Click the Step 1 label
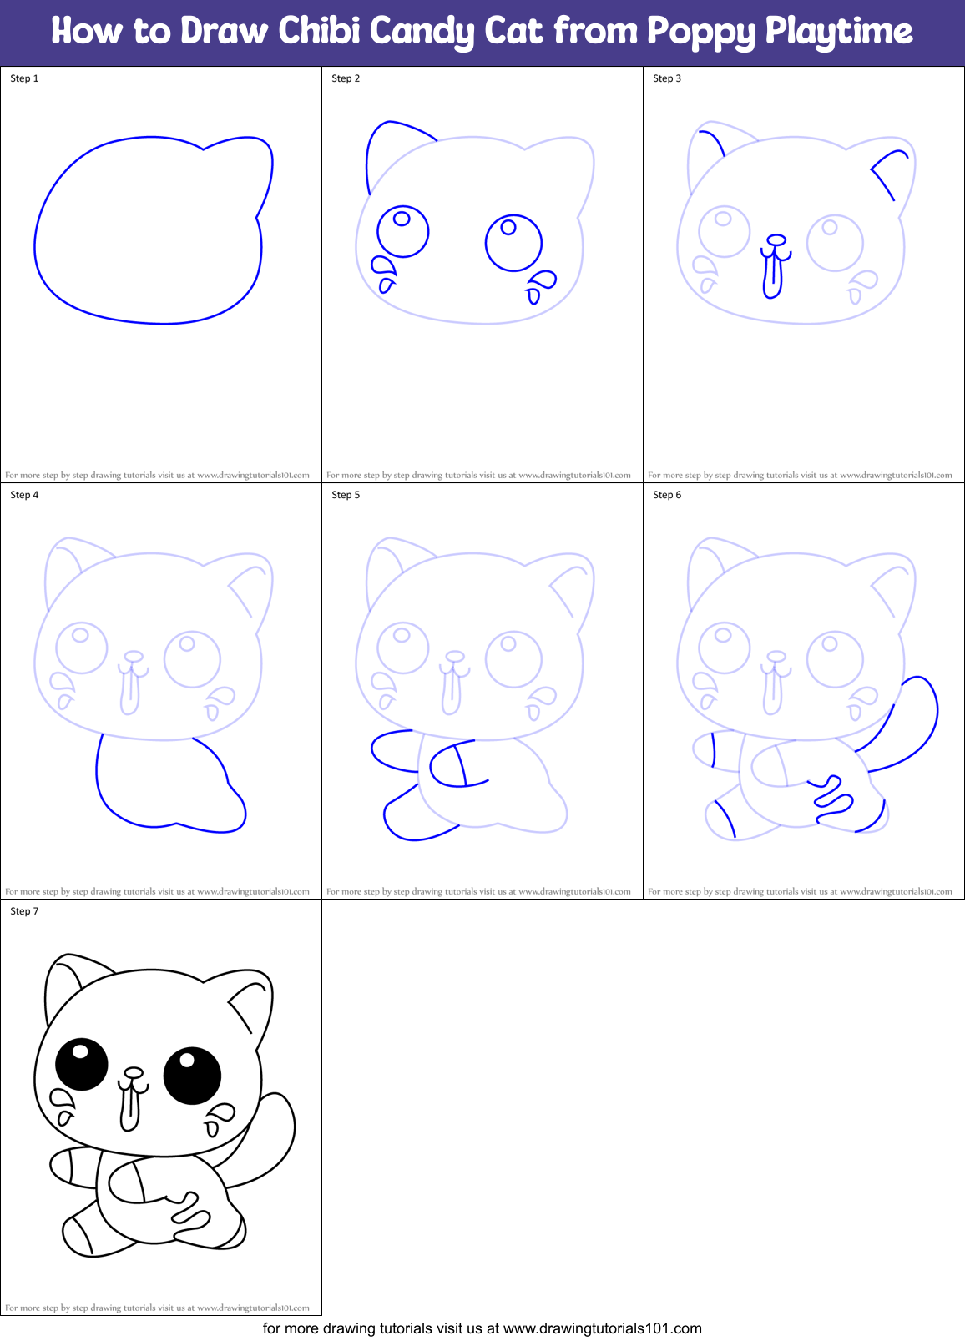click(x=24, y=78)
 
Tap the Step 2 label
click(x=346, y=78)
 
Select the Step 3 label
click(x=667, y=78)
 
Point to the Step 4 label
click(x=24, y=495)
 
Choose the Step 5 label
click(x=346, y=495)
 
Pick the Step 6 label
click(x=667, y=495)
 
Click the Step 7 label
click(x=24, y=911)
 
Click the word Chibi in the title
click(x=317, y=32)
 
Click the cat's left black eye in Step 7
click(x=82, y=1064)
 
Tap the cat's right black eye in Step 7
click(x=192, y=1076)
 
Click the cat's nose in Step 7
click(x=133, y=1072)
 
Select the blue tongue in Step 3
click(x=773, y=276)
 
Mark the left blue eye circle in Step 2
click(x=403, y=231)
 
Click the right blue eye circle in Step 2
click(x=513, y=243)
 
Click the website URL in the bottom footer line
click(x=602, y=1328)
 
